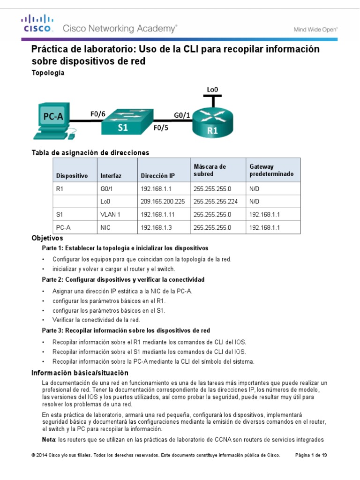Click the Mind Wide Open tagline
coord(315,29)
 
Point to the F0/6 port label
coord(98,113)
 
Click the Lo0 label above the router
coord(213,89)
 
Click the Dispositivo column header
coord(72,176)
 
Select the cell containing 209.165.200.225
coord(163,201)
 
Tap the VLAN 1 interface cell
coord(111,214)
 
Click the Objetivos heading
coord(47,238)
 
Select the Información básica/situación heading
coord(79,373)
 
